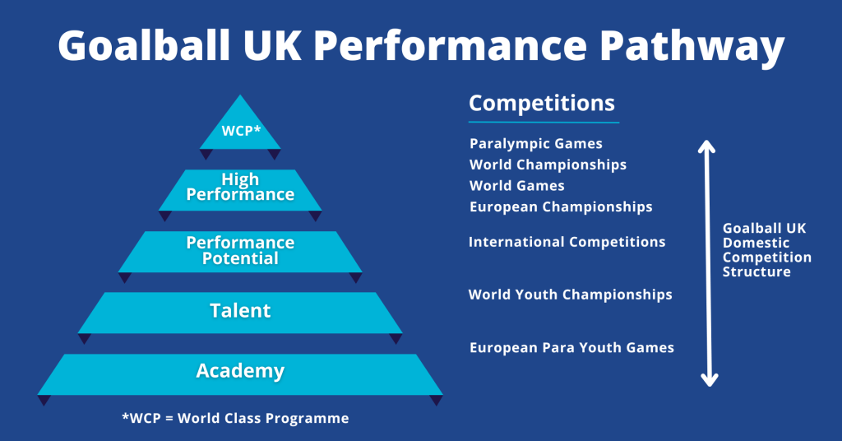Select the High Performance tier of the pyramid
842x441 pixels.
pyautogui.click(x=240, y=188)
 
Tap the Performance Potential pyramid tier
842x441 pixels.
pyautogui.click(x=240, y=250)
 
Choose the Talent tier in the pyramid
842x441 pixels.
pyautogui.click(x=240, y=311)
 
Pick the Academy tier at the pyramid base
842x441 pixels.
pyautogui.click(x=240, y=372)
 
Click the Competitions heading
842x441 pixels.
pyautogui.click(x=541, y=104)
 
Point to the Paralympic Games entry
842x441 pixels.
pyautogui.click(x=536, y=144)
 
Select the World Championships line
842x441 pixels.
pyautogui.click(x=548, y=165)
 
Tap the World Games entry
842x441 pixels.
pyautogui.click(x=516, y=186)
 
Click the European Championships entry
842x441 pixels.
pyautogui.click(x=561, y=207)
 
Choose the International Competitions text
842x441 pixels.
pyautogui.click(x=567, y=243)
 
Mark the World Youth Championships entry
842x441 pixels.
pyautogui.click(x=570, y=295)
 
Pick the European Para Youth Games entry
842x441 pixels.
pyautogui.click(x=571, y=348)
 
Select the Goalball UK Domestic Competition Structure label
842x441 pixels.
pyautogui.click(x=766, y=249)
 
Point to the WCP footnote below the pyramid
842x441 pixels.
pyautogui.click(x=235, y=419)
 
